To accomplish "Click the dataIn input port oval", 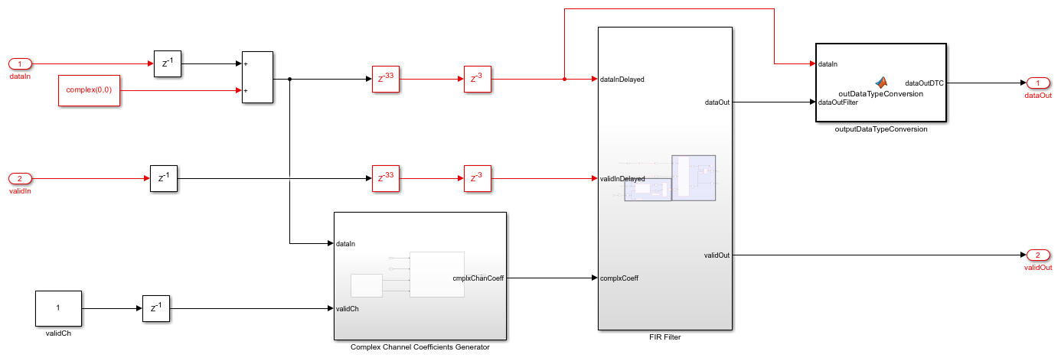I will [x=21, y=63].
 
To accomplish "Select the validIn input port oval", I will [x=21, y=179].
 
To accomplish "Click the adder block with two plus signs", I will [x=257, y=77].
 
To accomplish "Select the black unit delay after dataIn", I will [x=168, y=63].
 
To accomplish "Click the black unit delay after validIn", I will [x=164, y=179].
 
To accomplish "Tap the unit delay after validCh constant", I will [x=156, y=308].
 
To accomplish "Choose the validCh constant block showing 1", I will [x=58, y=308].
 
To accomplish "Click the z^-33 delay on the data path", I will [x=387, y=79].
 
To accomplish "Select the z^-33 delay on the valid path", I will [x=387, y=179].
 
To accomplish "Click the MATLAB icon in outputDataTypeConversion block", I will [x=881, y=83].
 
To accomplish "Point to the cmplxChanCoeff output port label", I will [x=478, y=278].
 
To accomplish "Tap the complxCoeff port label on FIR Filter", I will [x=619, y=278].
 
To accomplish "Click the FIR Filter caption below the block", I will [x=664, y=337].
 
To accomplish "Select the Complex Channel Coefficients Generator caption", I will [x=420, y=346].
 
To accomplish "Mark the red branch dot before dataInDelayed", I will [x=564, y=79].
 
